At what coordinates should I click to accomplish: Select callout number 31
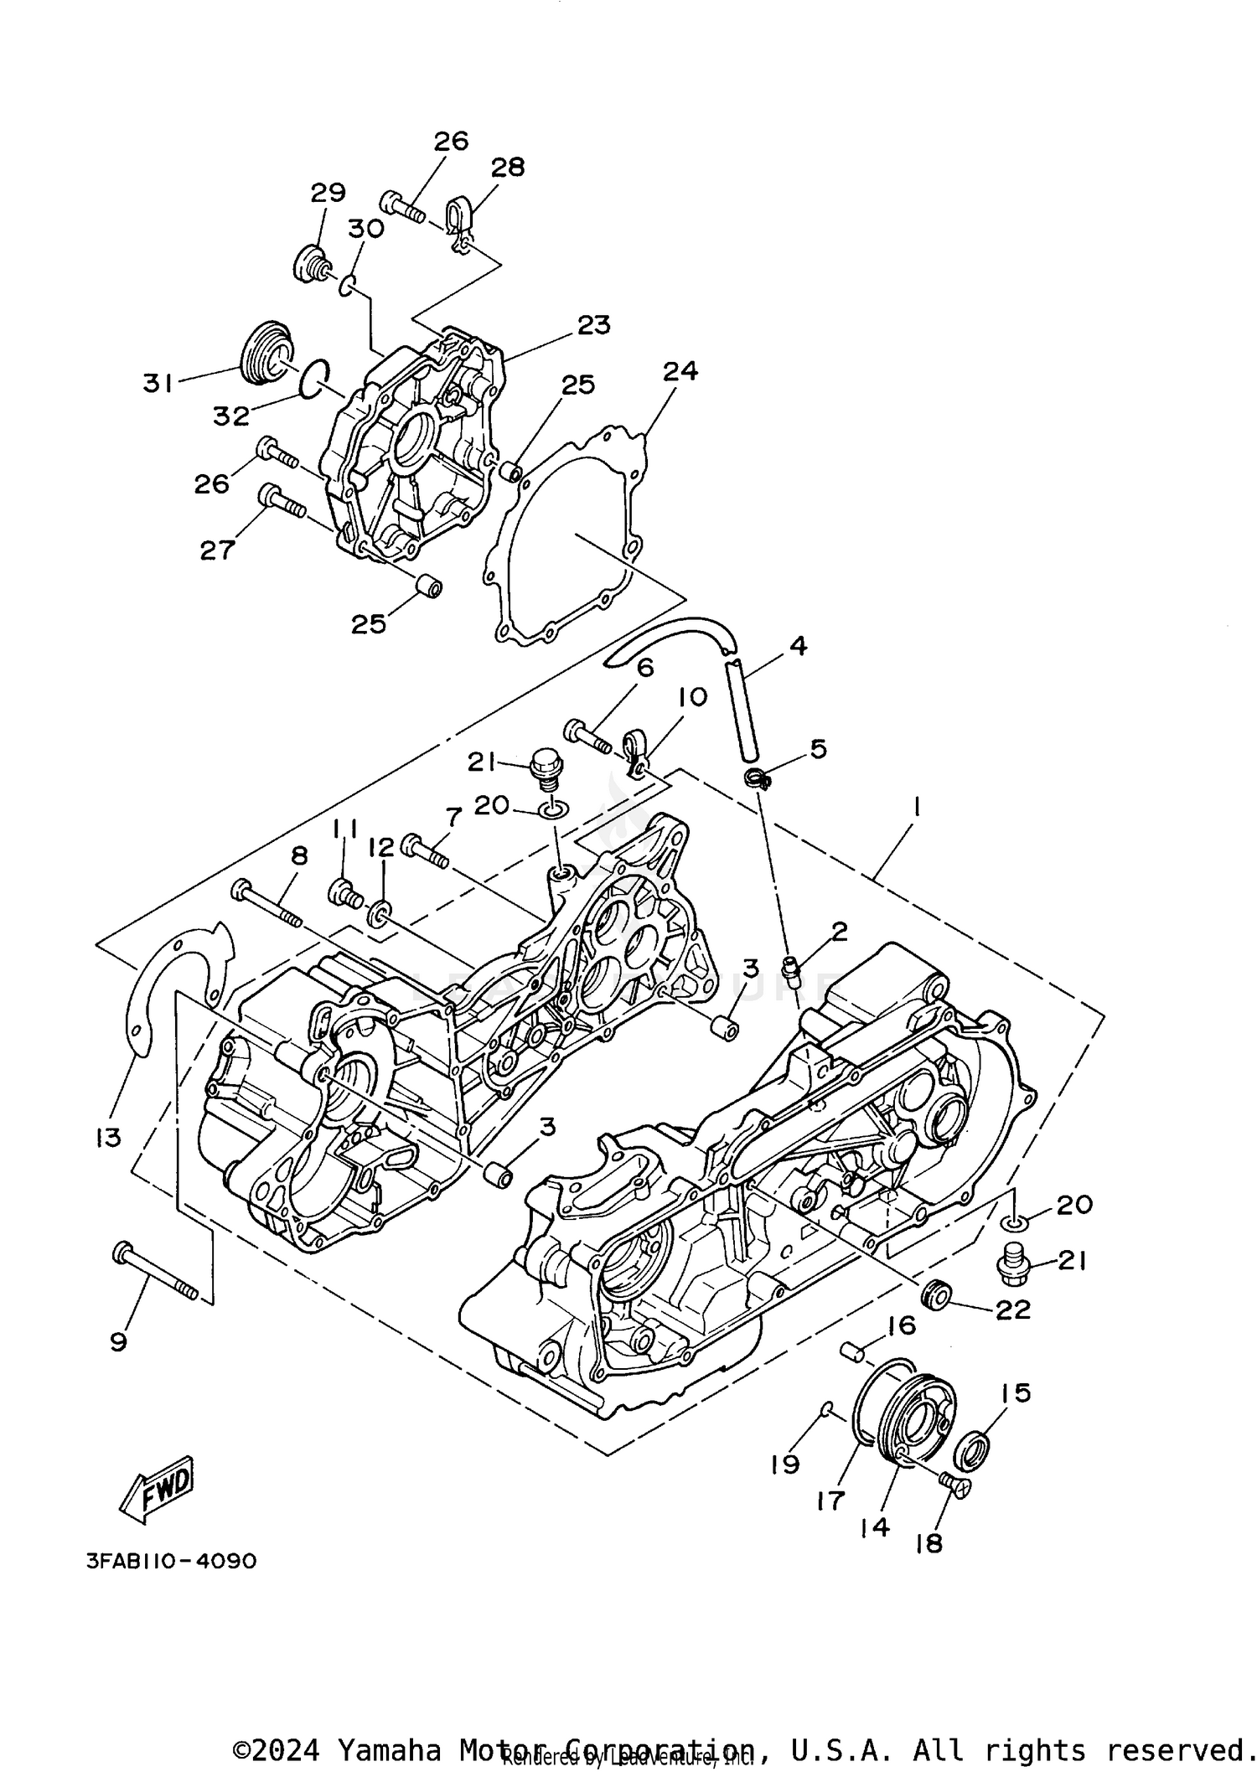pos(158,384)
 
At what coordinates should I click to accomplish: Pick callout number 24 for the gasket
pos(680,371)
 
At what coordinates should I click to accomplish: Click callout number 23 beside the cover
pos(593,325)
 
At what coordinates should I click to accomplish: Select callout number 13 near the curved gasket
pos(108,1138)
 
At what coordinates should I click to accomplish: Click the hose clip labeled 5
pos(758,778)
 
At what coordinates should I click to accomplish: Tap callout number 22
pos(1012,1310)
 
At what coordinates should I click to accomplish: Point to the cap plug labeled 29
pos(310,262)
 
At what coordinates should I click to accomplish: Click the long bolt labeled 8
pos(267,904)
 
